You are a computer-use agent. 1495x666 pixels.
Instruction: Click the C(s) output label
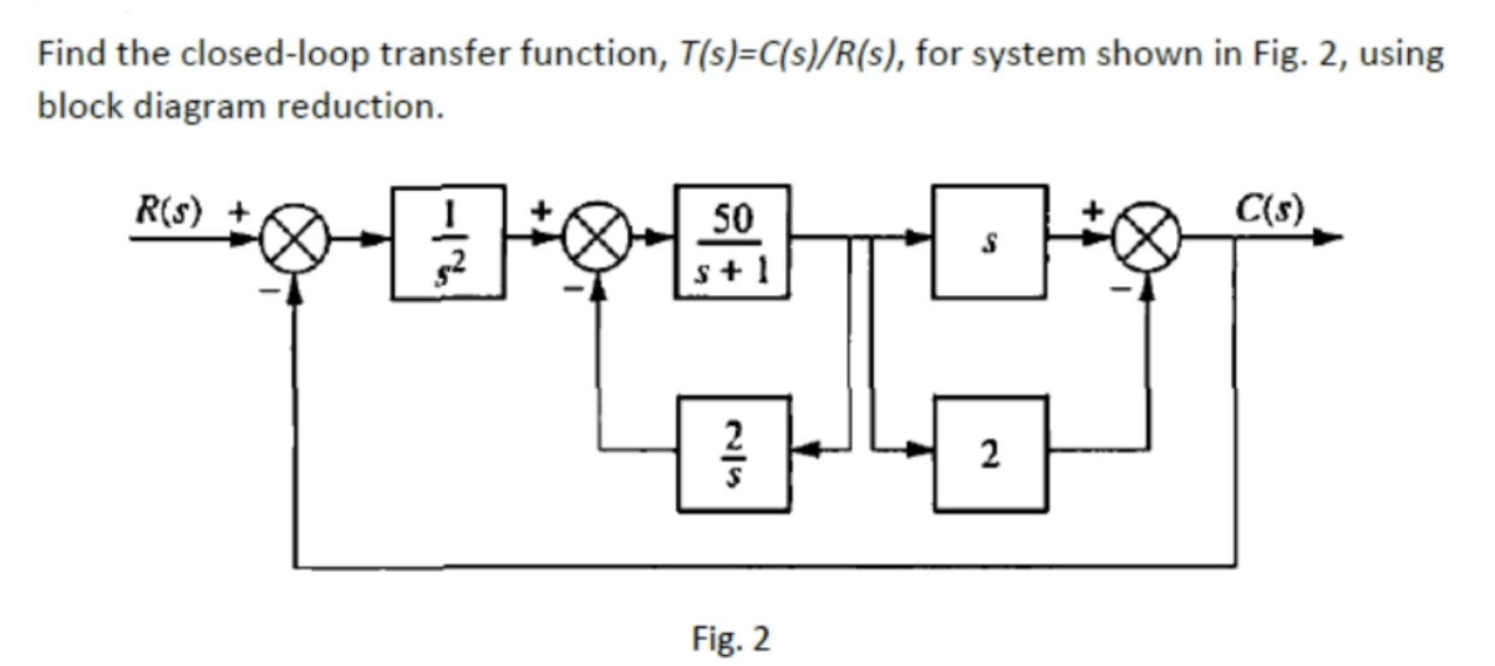point(1269,211)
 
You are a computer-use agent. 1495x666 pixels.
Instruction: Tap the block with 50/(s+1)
point(732,241)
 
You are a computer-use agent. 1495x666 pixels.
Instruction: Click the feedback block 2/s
point(734,454)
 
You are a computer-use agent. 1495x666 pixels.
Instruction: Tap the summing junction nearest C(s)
point(1150,240)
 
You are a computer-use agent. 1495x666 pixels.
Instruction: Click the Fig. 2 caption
point(730,639)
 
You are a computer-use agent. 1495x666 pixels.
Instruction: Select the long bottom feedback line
point(762,567)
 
